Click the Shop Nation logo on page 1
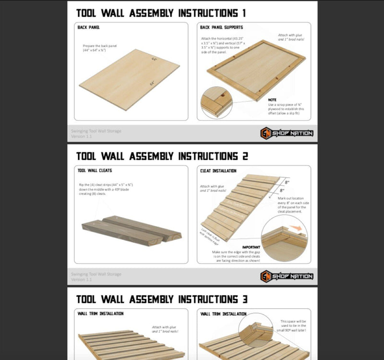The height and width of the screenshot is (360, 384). click(x=287, y=133)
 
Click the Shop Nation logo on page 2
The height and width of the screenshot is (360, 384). click(x=287, y=276)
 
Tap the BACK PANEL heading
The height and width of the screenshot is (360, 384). click(x=89, y=27)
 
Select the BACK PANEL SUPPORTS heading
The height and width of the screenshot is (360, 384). click(x=221, y=27)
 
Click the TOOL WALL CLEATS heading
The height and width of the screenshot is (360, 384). click(x=95, y=170)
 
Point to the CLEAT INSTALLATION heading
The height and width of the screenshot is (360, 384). click(x=218, y=170)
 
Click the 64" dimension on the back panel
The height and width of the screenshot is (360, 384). click(x=152, y=84)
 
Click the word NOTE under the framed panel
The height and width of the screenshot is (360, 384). click(x=272, y=100)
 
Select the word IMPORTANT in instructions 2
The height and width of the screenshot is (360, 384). click(x=252, y=247)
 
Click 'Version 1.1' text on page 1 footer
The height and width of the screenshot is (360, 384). click(x=82, y=136)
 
